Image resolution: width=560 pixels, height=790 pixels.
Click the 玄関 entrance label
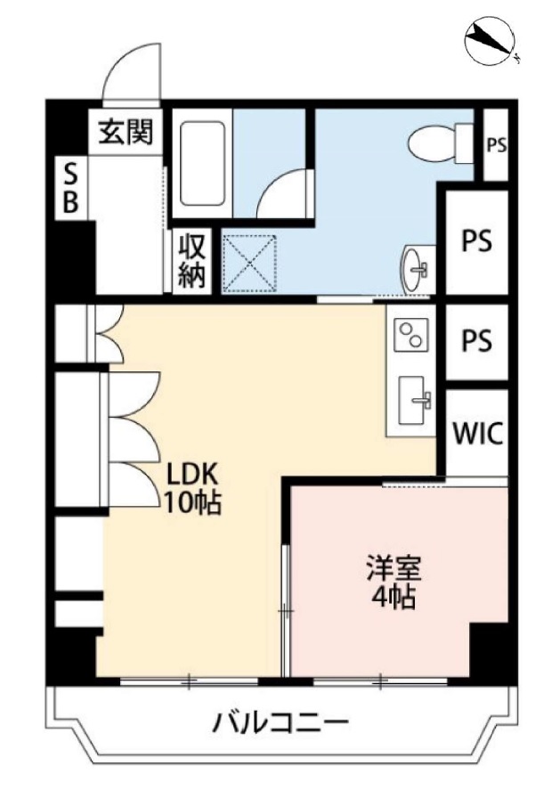pos(126,132)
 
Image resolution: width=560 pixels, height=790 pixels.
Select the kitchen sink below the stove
pos(415,401)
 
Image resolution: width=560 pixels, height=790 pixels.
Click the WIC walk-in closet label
pos(477,433)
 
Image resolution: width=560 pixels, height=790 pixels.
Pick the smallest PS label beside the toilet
pos(496,145)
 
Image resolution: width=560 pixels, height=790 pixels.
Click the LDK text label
pos(192,474)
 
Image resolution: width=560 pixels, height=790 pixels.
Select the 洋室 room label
pos(394,569)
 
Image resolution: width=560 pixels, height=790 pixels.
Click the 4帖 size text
pos(394,597)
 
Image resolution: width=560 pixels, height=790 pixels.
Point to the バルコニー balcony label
pos(280,724)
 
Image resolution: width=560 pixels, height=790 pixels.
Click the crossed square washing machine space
pos(250,264)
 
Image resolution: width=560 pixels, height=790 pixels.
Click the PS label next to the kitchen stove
pos(477,340)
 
